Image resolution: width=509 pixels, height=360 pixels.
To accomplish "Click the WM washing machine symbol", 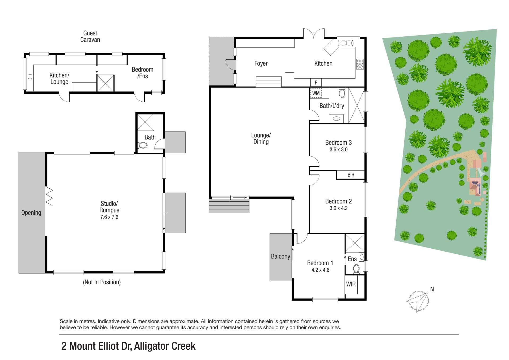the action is pos(316,93).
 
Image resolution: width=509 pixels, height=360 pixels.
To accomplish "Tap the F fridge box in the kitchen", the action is pos(316,83).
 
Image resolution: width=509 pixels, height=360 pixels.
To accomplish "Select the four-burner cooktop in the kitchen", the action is pos(360,64).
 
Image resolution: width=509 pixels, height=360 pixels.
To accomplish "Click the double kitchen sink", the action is pos(345,43).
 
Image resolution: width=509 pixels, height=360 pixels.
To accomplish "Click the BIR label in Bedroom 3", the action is pos(351,175).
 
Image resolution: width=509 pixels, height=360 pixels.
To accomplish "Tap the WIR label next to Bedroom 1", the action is pos(351,284).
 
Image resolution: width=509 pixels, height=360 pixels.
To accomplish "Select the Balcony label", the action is pos(280,257).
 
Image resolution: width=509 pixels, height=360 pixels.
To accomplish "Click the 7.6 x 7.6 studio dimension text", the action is pos(109,217).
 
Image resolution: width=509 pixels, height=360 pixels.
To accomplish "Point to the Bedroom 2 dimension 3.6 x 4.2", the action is pos(339,208).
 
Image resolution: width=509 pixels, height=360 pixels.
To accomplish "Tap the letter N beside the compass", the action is pos(432,289).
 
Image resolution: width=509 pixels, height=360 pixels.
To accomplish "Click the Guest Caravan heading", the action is pos(90,36).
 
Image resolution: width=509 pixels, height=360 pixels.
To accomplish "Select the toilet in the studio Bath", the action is pos(142,145).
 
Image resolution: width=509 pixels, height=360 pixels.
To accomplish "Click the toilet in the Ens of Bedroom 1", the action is pos(356,269).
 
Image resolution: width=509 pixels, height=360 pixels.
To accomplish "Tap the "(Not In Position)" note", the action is pos(102,282).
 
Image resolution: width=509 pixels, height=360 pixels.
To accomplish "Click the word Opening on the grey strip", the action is pos(31,213).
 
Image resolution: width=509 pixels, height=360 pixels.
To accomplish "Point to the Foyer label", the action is pos(261,64).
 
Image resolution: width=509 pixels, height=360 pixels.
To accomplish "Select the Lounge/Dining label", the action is pos(261,138).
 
